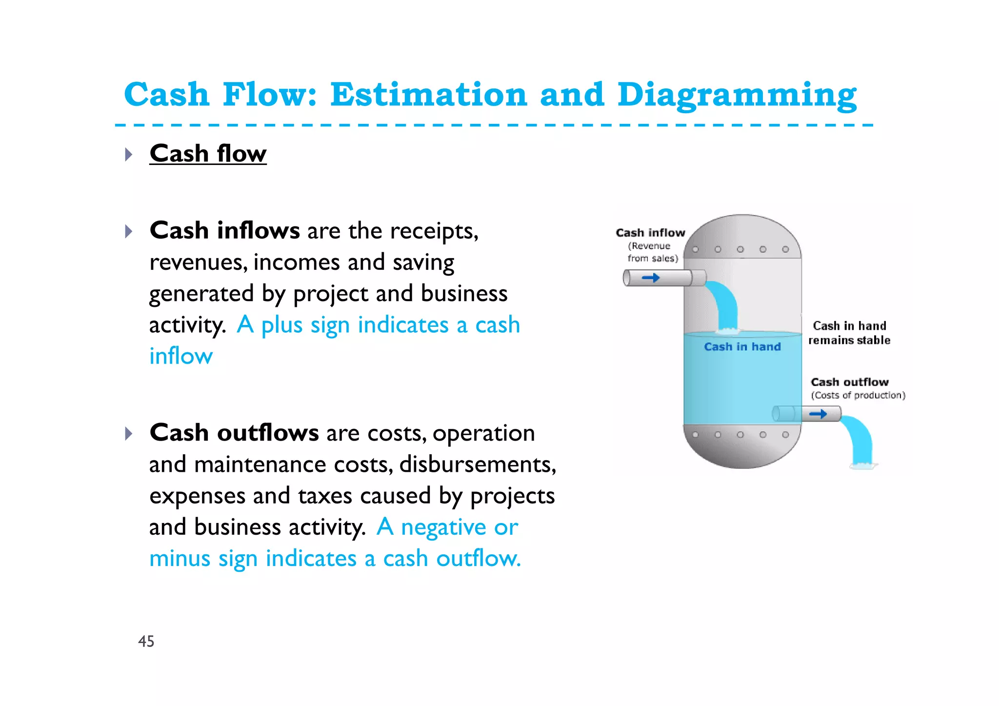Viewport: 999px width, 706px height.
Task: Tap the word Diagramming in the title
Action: tap(737, 95)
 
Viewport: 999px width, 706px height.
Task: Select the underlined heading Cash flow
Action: tap(208, 154)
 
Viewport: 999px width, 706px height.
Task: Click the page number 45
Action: tap(146, 641)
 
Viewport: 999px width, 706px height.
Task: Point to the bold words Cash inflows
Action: tap(224, 230)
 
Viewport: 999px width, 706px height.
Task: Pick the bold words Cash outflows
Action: tap(234, 433)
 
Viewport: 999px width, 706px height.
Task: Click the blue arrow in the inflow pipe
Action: tap(650, 278)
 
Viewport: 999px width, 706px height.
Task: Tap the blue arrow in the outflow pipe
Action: tap(818, 414)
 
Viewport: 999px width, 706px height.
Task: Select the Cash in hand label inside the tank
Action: tap(742, 347)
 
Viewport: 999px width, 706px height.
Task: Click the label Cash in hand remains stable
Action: tap(849, 333)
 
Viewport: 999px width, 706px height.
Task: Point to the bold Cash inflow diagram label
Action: tap(650, 233)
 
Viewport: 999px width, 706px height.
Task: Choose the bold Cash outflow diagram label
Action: tap(849, 382)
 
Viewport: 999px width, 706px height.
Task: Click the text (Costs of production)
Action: tap(858, 395)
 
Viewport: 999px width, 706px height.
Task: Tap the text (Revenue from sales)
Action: tap(652, 252)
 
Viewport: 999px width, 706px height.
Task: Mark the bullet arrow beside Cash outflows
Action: tap(129, 433)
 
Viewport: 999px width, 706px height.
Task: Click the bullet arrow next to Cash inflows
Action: tap(129, 231)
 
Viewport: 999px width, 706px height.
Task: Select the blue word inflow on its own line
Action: tap(181, 356)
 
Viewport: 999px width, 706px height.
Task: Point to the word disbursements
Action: tap(477, 464)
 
